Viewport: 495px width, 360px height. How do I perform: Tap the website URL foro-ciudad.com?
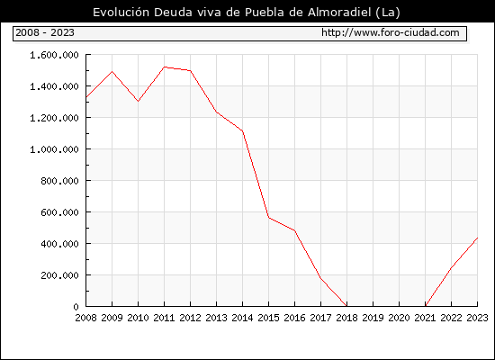(391, 32)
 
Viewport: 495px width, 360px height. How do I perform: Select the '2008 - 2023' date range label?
(45, 32)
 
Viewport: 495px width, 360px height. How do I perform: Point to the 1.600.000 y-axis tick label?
(54, 55)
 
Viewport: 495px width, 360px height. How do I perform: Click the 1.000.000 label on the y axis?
(54, 149)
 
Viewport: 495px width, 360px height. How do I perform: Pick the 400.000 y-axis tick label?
(59, 244)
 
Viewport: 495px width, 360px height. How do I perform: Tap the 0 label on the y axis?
(76, 307)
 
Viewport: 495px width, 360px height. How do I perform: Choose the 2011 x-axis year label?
(164, 318)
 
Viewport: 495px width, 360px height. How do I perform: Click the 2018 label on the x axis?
(346, 318)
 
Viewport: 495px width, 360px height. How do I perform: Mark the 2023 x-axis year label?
(477, 318)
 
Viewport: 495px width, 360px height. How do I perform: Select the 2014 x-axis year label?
(242, 318)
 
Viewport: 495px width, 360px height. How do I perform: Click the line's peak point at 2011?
(164, 67)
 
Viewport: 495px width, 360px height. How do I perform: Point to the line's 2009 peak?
(112, 71)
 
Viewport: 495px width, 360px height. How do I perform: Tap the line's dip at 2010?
(139, 101)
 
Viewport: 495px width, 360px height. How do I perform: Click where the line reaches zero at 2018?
(346, 306)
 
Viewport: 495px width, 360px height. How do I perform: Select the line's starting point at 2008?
(86, 97)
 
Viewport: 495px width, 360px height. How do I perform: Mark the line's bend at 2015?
(269, 218)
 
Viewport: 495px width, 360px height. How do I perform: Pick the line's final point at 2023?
(477, 238)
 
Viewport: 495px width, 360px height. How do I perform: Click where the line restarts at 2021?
(425, 306)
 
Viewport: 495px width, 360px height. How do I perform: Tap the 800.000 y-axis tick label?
(59, 181)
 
